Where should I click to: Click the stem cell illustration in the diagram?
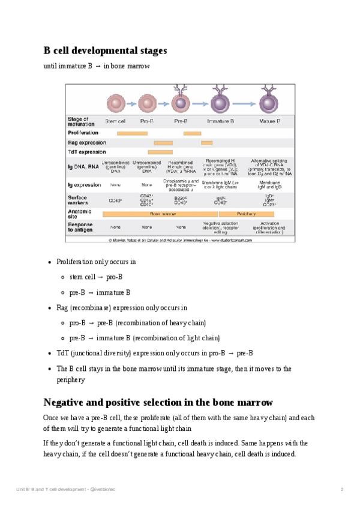point(115,103)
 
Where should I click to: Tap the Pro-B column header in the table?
point(147,121)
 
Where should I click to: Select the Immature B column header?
point(220,121)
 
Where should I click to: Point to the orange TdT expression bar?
point(160,152)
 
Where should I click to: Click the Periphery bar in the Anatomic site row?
point(247,213)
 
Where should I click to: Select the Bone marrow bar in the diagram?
point(160,213)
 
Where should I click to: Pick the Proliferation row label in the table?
point(83,133)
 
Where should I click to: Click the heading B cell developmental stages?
point(105,50)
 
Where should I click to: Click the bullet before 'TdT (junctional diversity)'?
point(49,353)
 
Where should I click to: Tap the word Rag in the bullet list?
point(62,307)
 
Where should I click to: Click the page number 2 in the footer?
point(341,490)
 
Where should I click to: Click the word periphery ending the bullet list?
point(71,380)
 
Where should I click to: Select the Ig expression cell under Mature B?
point(269,184)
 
